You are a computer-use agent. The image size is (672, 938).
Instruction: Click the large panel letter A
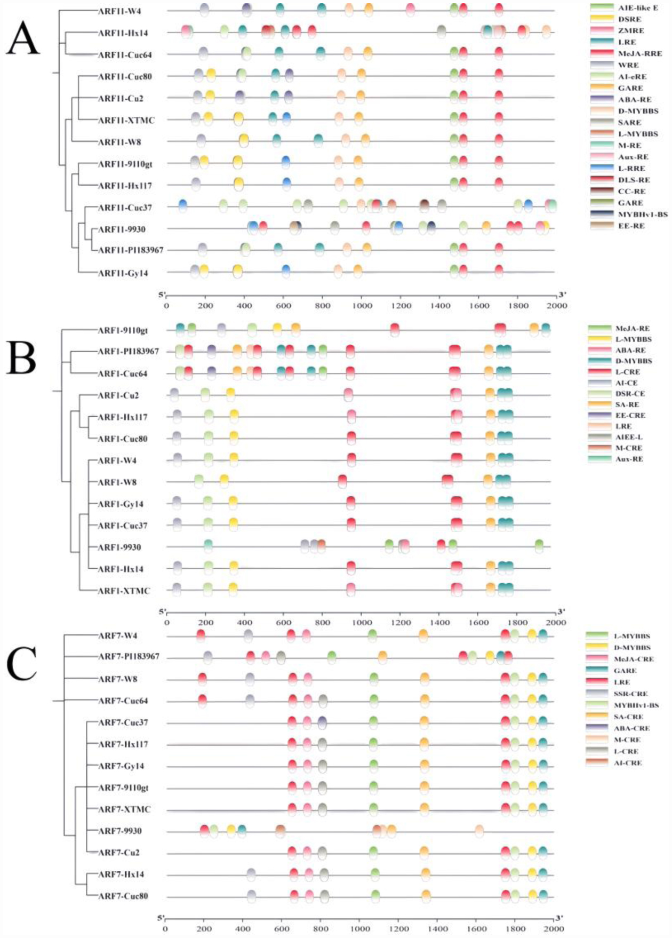pos(22,38)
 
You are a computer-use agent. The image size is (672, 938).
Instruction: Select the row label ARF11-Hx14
pos(123,33)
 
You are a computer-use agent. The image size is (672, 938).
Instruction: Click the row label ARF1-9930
pos(119,547)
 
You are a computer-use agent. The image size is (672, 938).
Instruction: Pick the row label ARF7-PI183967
pos(129,656)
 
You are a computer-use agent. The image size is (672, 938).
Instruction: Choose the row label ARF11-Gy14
pos(123,273)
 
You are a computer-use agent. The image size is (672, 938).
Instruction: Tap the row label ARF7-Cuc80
pos(123,896)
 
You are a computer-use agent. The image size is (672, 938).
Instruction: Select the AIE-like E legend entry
pos(637,8)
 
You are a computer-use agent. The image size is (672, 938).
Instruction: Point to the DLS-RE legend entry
pos(634,180)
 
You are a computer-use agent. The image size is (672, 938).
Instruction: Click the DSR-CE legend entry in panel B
pos(630,394)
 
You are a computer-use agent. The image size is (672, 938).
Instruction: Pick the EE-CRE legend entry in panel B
pos(630,415)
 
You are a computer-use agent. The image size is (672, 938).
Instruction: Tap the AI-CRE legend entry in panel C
pos(628,763)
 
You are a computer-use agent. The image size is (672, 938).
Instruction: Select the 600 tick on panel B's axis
pos(283,623)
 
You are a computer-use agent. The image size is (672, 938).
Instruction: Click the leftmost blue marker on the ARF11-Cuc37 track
pos(182,205)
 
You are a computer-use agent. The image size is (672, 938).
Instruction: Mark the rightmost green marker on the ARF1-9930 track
pos(539,545)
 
